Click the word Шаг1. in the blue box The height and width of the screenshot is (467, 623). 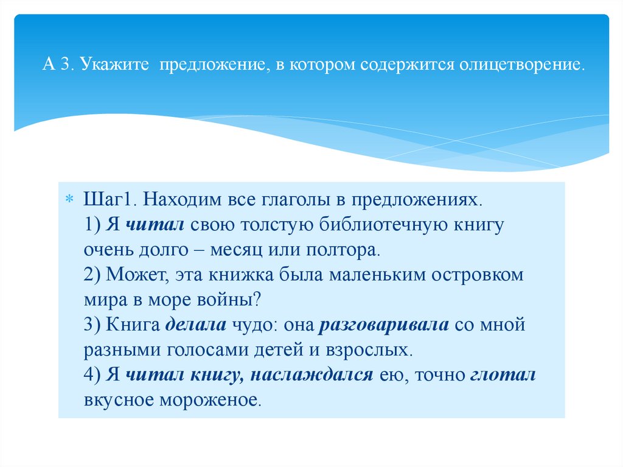click(x=110, y=199)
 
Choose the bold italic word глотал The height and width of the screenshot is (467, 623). click(x=503, y=375)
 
